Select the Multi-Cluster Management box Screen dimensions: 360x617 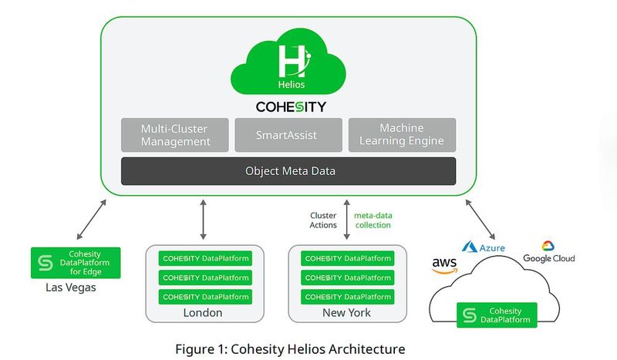(x=175, y=135)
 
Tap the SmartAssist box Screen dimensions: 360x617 (x=288, y=135)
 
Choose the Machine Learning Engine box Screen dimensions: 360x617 (x=401, y=135)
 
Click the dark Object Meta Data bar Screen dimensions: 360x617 (x=288, y=171)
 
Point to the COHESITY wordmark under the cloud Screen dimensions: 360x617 (x=291, y=106)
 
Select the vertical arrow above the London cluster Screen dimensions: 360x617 (x=203, y=219)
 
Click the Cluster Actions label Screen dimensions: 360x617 (x=323, y=220)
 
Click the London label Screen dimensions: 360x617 (x=203, y=313)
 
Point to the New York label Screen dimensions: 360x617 (x=346, y=313)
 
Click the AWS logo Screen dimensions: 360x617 (x=444, y=265)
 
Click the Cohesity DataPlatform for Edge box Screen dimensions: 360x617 (x=75, y=263)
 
